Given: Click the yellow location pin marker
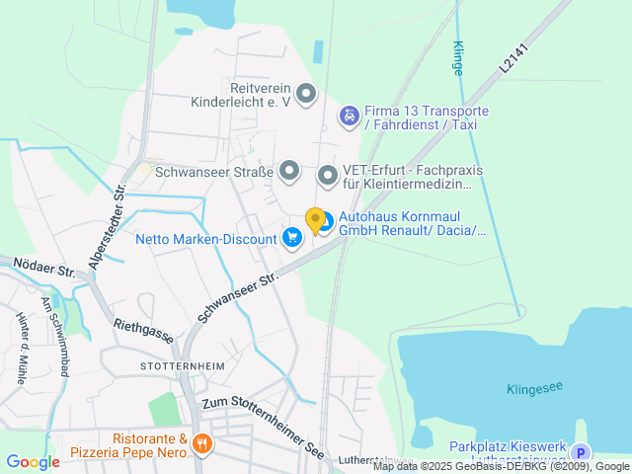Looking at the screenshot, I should coord(315,220).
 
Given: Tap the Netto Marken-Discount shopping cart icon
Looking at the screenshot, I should coord(291,238).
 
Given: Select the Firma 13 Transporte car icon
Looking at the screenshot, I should coord(349,118).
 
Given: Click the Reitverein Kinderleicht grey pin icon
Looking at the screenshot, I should coord(306,95).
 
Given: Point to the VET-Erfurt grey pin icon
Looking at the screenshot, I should coord(328,176).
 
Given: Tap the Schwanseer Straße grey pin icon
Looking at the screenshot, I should coord(289,172).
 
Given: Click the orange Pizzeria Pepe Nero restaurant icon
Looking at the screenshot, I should coord(202,443).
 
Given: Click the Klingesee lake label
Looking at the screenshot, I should coord(534,388).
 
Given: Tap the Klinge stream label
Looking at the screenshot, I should coord(457,58).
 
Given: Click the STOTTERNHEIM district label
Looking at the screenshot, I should coord(182,365).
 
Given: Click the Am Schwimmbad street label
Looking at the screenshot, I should coord(56,337).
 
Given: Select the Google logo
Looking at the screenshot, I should coord(34,461).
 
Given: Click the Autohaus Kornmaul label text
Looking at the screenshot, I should coord(413,223).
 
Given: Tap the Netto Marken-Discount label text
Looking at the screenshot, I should coord(205,239).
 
